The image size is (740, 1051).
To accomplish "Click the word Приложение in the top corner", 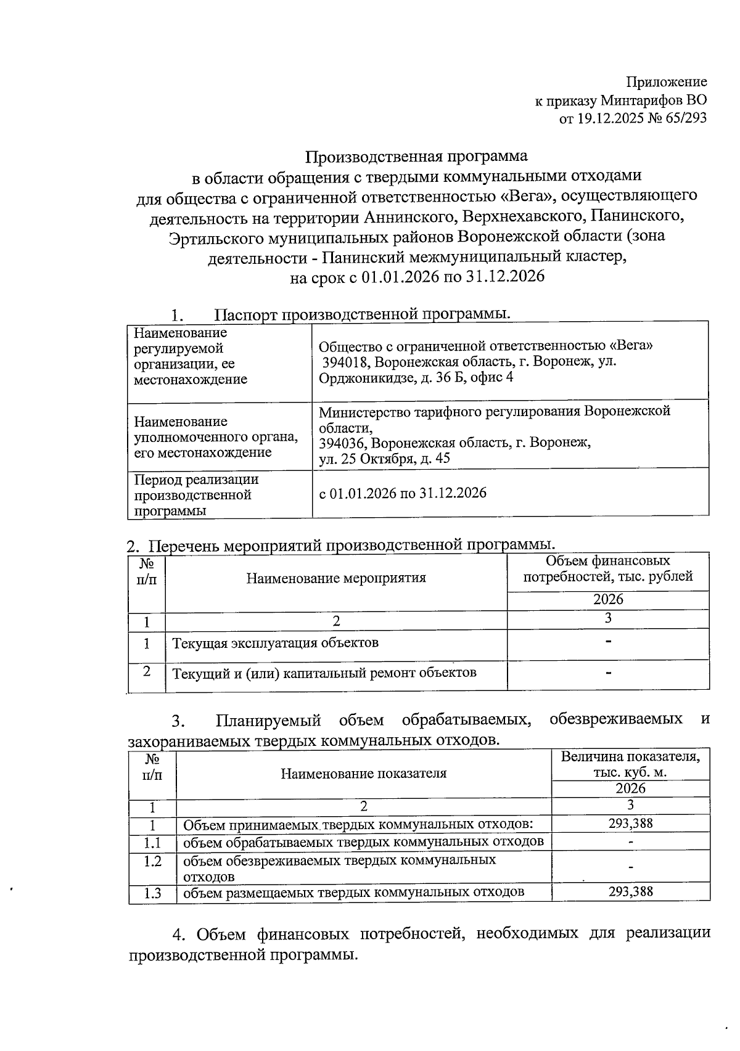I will tap(667, 82).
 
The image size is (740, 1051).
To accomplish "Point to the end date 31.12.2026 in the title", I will tap(505, 277).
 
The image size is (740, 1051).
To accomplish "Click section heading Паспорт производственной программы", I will tap(363, 314).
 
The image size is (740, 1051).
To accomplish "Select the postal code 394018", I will tap(344, 361).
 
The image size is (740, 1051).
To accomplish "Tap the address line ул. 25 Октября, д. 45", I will tap(384, 459).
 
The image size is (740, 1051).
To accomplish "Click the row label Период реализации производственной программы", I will tap(196, 495).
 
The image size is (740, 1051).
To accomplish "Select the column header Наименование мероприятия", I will tap(336, 578).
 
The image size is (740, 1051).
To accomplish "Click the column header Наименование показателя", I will tap(363, 773).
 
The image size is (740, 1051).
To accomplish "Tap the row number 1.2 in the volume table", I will tap(152, 861).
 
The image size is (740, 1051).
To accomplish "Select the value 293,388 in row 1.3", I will tap(630, 891).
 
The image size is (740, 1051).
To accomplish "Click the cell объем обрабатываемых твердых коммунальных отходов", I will tap(363, 842).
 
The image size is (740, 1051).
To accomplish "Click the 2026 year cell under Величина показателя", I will tap(630, 788).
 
